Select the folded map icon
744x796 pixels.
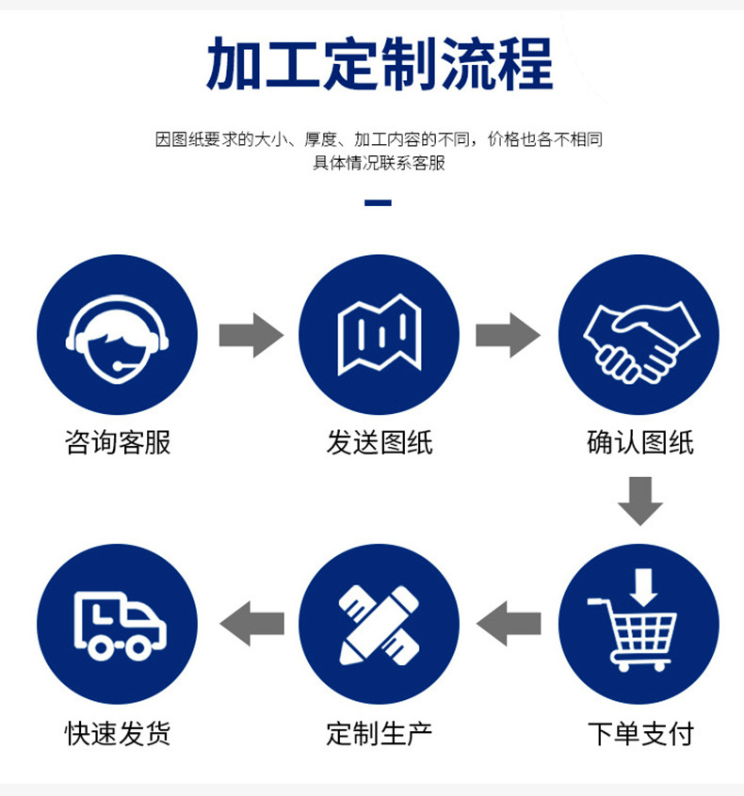(x=379, y=335)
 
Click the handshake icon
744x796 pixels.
(x=639, y=335)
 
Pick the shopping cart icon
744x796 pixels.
(x=639, y=624)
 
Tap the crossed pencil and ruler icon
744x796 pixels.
(x=379, y=624)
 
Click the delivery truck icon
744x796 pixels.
(x=117, y=624)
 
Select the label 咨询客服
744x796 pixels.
(x=118, y=442)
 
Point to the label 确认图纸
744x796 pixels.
(x=639, y=442)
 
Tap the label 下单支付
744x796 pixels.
(x=639, y=733)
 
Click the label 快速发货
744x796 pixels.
(x=118, y=733)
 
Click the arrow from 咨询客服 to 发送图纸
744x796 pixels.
(x=251, y=335)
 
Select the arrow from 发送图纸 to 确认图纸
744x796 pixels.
(x=508, y=335)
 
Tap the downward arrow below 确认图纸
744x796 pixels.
(x=640, y=501)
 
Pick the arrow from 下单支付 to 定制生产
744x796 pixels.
(x=509, y=623)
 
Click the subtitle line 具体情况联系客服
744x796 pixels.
(x=379, y=163)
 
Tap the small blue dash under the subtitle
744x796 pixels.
(x=378, y=202)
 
